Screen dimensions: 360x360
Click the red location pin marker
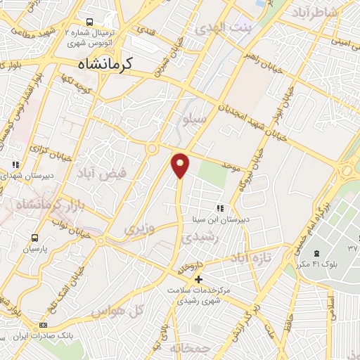(181, 165)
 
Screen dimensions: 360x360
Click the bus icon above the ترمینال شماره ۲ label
(89, 22)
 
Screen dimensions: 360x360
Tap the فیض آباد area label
(124, 172)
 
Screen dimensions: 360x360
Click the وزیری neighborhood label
(138, 229)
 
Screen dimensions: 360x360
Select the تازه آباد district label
(251, 259)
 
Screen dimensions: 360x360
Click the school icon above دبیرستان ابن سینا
(220, 208)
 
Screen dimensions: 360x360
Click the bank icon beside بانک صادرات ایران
(43, 326)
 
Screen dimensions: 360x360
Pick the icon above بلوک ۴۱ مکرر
(316, 252)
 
